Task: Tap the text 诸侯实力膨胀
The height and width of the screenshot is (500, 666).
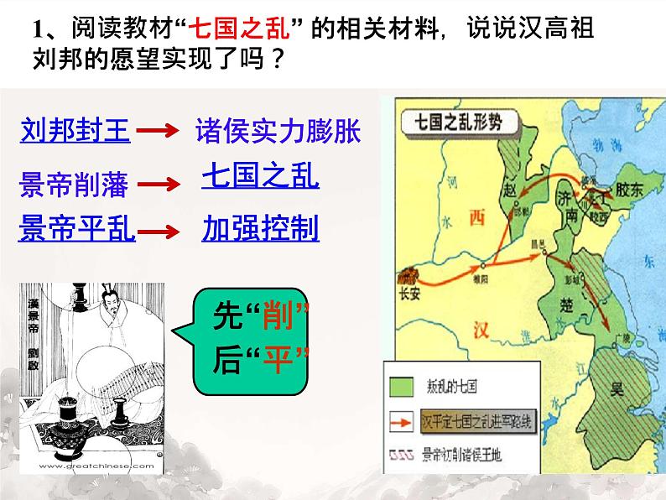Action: point(277,130)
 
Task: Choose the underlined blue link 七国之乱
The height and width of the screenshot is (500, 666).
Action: point(260,178)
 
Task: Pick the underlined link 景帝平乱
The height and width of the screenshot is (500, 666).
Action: point(76,227)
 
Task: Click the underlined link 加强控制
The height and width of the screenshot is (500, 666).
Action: point(260,227)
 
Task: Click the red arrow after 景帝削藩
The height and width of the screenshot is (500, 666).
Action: point(155,184)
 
